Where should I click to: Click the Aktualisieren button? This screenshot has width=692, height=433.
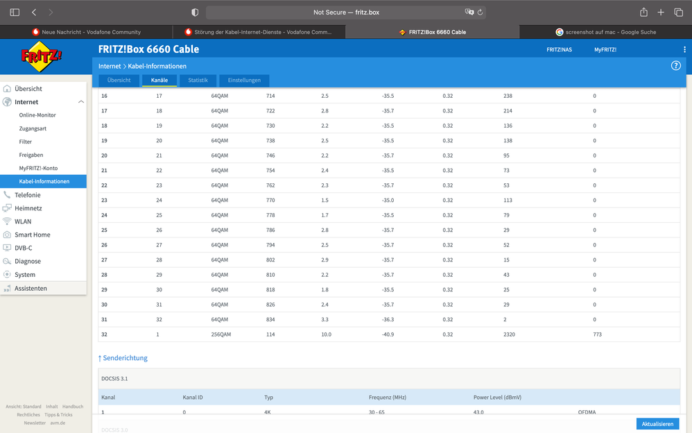(x=657, y=424)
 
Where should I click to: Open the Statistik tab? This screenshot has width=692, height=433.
(x=198, y=80)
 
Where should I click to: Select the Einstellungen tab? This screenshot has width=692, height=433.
(x=244, y=80)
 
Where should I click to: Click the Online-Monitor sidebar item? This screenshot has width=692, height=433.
(x=37, y=115)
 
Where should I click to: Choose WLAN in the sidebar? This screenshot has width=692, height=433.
(x=23, y=221)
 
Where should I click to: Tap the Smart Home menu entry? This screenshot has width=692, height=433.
(x=32, y=235)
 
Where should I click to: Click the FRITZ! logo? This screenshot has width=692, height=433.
(x=42, y=56)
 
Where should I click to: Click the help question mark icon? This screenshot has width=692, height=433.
(x=675, y=66)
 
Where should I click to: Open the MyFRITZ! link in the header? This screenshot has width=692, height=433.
(x=605, y=49)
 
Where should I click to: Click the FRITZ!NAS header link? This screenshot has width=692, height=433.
(x=559, y=49)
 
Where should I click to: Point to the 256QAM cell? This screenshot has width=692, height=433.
(x=221, y=334)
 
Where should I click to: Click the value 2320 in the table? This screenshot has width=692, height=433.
(x=509, y=334)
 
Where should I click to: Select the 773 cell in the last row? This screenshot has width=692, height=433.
(x=597, y=334)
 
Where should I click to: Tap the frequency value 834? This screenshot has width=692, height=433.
(x=270, y=319)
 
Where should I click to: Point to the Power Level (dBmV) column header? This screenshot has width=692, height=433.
(x=497, y=397)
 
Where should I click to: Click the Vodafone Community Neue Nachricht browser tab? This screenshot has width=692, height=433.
(x=87, y=32)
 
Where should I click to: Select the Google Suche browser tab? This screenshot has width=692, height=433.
(x=605, y=32)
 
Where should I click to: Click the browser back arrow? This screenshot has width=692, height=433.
(x=34, y=12)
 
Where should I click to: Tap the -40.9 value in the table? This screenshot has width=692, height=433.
(x=388, y=334)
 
